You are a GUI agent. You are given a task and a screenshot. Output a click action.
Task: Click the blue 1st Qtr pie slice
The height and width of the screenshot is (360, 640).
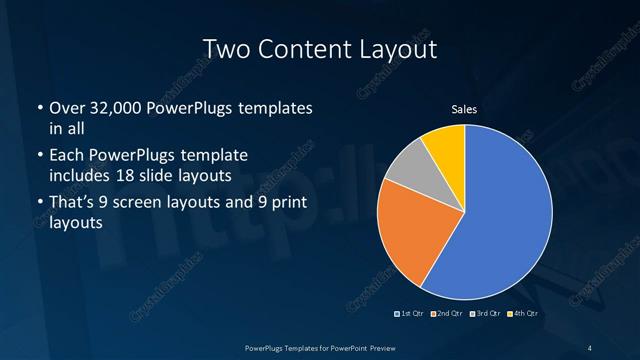click(x=500, y=220)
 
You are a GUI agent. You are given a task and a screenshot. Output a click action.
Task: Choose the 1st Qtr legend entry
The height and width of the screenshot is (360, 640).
click(x=411, y=315)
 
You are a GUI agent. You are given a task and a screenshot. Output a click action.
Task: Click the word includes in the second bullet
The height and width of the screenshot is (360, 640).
click(x=82, y=175)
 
